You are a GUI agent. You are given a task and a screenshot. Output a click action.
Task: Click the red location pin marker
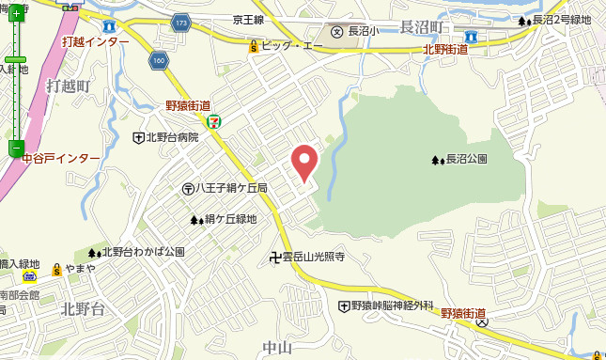(303, 163)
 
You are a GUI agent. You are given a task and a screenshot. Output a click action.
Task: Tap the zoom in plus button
(16, 13)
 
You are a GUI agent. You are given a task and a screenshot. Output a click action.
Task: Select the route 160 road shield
(158, 61)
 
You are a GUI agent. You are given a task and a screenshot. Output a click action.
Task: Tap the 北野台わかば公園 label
(142, 252)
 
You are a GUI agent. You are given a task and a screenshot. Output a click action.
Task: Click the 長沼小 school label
(361, 31)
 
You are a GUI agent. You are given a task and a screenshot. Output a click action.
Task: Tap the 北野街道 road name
(446, 49)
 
